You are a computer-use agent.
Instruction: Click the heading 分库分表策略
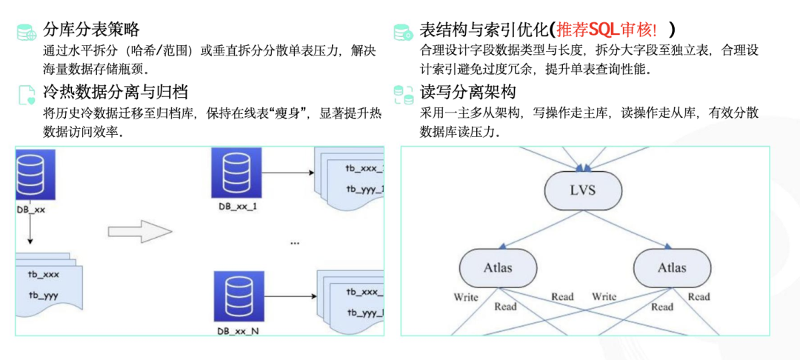pos(91,30)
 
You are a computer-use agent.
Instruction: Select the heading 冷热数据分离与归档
pos(116,93)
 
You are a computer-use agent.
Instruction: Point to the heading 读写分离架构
pos(467,93)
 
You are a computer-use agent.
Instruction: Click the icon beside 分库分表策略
pos(27,32)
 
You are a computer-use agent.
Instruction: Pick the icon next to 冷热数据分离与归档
pos(27,94)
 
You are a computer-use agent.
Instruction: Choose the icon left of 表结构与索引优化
pos(403,32)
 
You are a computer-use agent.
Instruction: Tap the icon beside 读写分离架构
pos(403,94)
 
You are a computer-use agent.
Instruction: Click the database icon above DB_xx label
pos(30,175)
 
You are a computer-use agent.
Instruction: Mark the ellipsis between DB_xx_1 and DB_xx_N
pos(295,242)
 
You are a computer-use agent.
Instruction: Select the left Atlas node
pos(498,267)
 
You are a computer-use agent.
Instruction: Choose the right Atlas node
pos(672,267)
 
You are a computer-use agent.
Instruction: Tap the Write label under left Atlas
pos(466,297)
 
